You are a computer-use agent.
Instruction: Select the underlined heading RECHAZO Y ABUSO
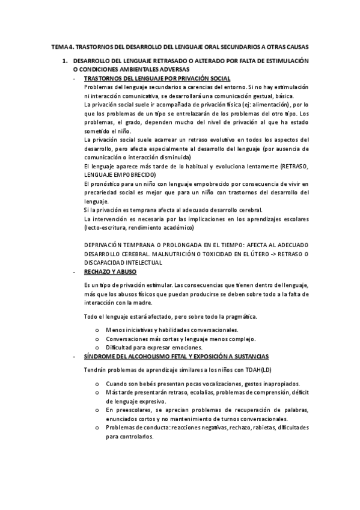tap(110, 272)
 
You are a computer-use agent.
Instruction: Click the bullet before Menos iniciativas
tap(97, 330)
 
